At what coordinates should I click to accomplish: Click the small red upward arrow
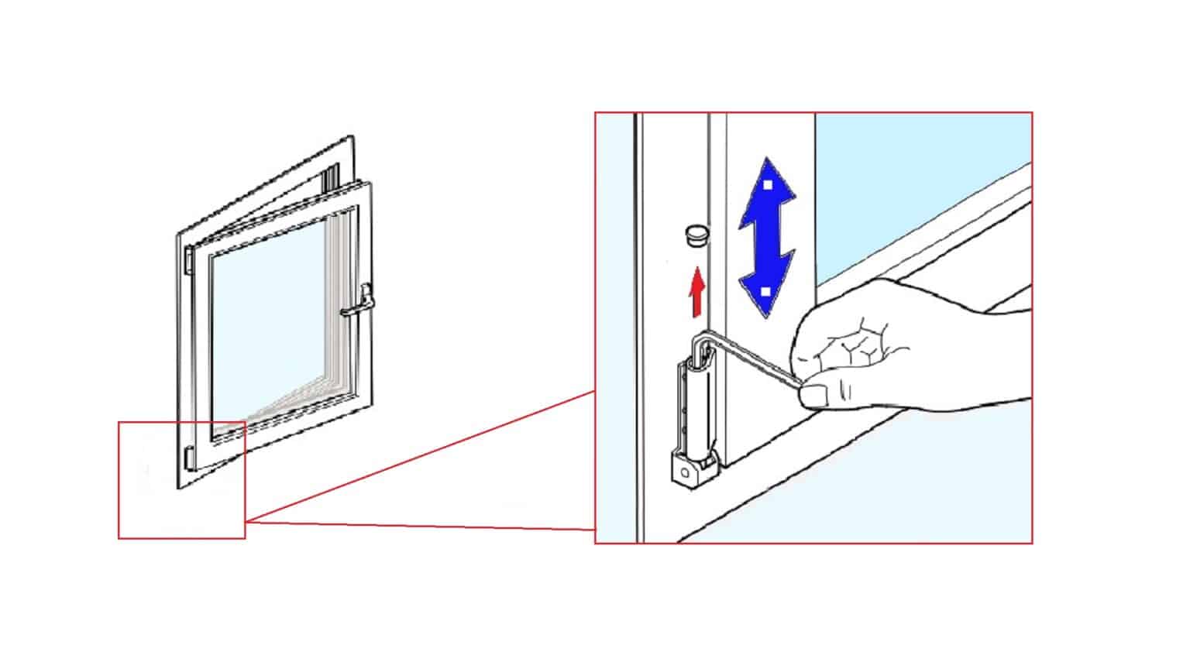[697, 292]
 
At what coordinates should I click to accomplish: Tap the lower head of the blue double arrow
[765, 293]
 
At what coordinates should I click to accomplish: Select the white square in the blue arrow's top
[766, 185]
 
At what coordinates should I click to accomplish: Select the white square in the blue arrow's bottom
[765, 292]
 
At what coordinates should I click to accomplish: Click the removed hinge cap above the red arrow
[696, 235]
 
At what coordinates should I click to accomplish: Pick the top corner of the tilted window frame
[349, 140]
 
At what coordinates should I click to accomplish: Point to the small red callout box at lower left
[181, 480]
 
